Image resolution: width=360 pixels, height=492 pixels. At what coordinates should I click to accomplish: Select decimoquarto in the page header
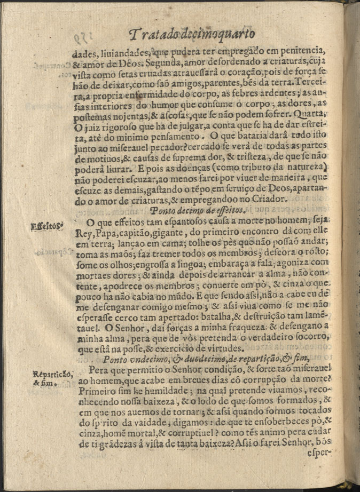click(216, 35)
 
